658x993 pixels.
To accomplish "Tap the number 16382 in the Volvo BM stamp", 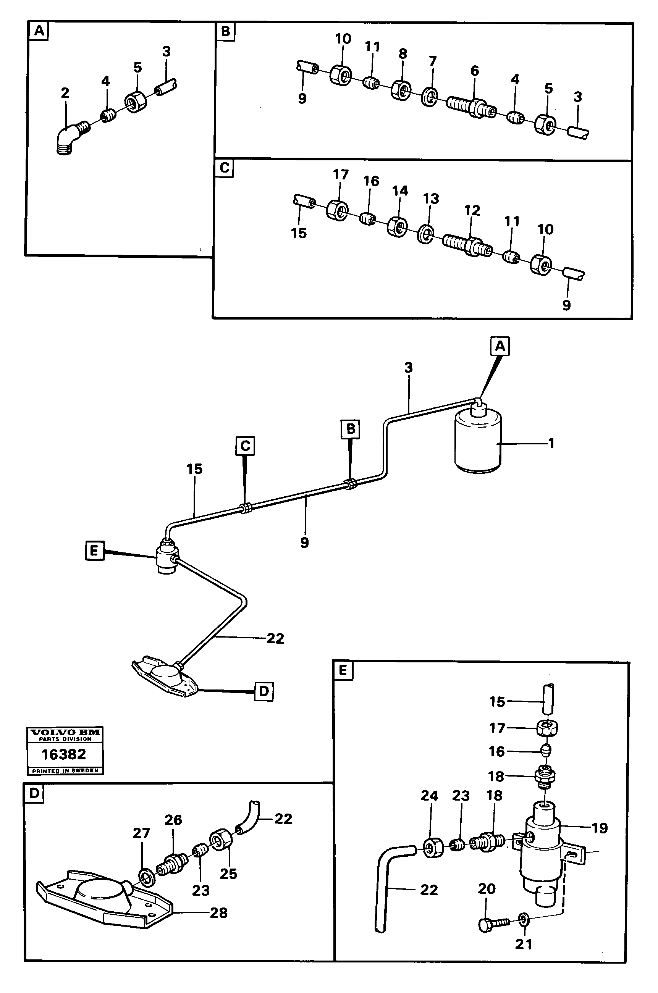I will pyautogui.click(x=64, y=755).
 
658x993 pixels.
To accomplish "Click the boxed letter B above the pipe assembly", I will pyautogui.click(x=351, y=429).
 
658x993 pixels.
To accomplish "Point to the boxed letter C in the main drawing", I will pyautogui.click(x=245, y=446).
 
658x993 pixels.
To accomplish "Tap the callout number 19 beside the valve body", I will pyautogui.click(x=599, y=828).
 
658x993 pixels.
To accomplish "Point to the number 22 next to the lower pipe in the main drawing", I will pyautogui.click(x=275, y=638).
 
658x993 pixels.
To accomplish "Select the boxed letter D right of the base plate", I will pyautogui.click(x=264, y=691).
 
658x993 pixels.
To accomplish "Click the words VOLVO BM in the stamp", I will pyautogui.click(x=65, y=733).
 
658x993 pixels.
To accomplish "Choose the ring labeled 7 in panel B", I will pyautogui.click(x=429, y=97).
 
